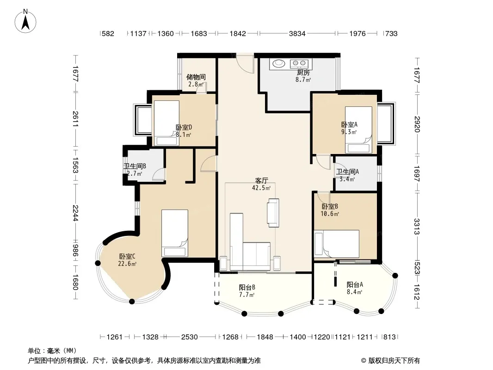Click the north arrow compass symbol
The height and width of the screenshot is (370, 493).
point(25,21)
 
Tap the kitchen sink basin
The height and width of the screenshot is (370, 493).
point(278,64)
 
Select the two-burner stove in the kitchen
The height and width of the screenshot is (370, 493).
point(299,64)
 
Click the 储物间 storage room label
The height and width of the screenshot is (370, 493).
point(196,77)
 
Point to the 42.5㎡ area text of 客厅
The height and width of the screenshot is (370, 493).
point(261,188)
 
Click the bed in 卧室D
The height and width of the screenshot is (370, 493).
point(166,123)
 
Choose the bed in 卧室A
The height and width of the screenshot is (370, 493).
point(358,130)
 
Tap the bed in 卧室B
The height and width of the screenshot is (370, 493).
point(337,244)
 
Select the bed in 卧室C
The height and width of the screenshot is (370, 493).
point(175,233)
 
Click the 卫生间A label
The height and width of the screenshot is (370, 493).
point(347,172)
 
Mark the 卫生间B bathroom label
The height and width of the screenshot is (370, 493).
point(135,166)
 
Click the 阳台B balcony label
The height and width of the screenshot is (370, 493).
point(247,287)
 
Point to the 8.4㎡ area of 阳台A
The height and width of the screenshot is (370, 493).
point(355,292)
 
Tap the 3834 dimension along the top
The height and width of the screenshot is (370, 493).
point(297,33)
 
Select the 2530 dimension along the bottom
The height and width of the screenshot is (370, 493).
point(189,337)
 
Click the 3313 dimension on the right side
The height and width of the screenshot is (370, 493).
point(417,226)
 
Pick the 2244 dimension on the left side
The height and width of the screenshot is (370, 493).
point(75,213)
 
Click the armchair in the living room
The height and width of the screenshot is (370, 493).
point(273,213)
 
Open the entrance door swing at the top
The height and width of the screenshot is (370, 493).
point(245,63)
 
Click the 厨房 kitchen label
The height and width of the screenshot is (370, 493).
point(303,73)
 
